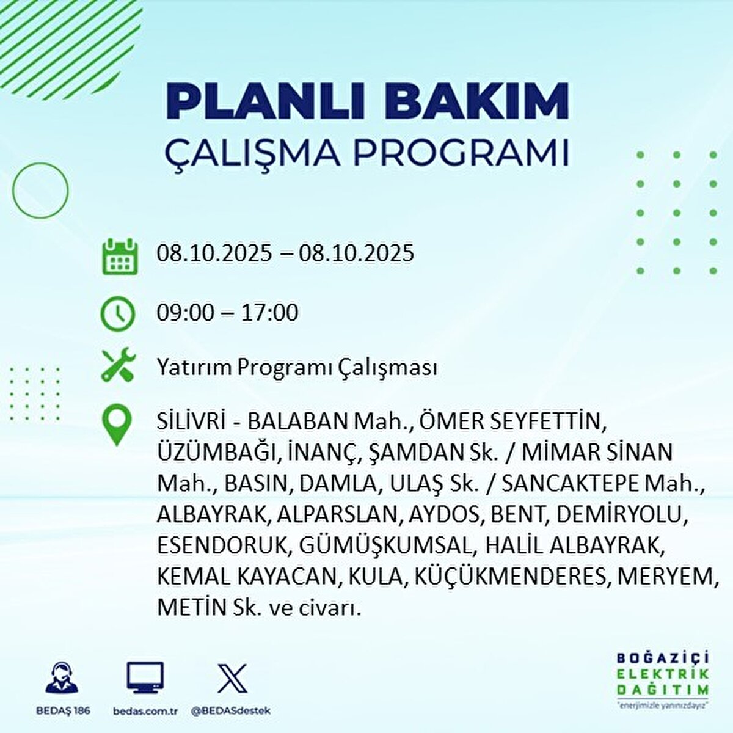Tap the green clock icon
117,313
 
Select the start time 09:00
185,313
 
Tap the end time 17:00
269,313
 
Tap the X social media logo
233,677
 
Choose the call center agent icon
62,678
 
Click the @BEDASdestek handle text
231,711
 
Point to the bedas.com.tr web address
145,711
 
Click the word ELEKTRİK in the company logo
663,674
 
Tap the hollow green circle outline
40,191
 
